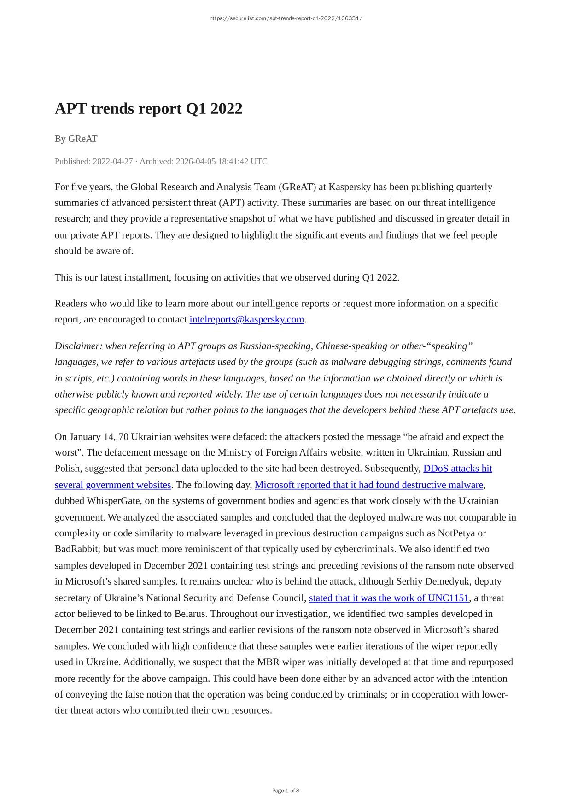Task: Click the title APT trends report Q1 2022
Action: (x=148, y=109)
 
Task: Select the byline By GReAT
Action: (x=76, y=139)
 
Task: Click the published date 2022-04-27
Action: (x=112, y=161)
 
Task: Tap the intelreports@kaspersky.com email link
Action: (x=247, y=319)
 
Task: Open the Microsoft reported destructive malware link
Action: (x=369, y=485)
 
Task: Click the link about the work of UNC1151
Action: (x=389, y=598)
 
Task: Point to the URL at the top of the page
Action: (x=286, y=18)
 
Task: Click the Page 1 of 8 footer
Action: (x=286, y=791)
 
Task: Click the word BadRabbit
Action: (x=76, y=549)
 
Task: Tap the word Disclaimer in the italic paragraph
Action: (x=77, y=346)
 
